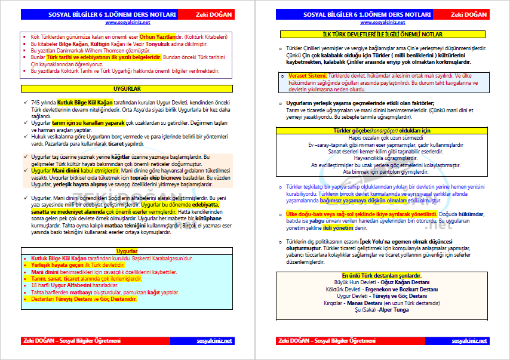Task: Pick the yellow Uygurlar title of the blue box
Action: tap(126, 251)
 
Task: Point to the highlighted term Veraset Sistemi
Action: tap(308, 76)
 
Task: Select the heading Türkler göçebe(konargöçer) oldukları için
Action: tap(376, 130)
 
